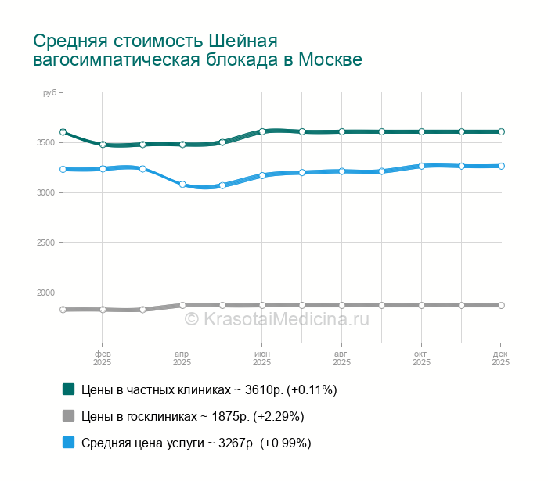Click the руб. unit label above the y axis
[49, 93]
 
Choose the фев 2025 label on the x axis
[102, 358]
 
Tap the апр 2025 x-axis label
[182, 358]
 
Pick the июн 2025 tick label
[261, 358]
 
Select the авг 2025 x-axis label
[341, 358]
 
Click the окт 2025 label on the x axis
[421, 358]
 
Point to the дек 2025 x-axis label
[501, 358]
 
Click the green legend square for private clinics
[68, 389]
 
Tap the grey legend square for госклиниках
[68, 415]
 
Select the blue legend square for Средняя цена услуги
[68, 442]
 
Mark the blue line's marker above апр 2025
[182, 185]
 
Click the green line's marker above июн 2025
[262, 131]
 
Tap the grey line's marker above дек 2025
[501, 305]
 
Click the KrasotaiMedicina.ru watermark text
[276, 319]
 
